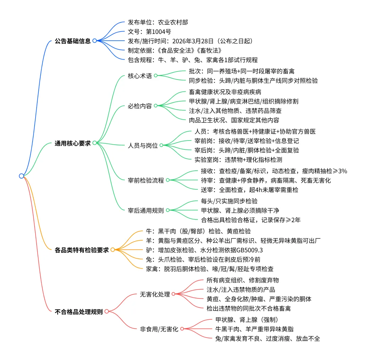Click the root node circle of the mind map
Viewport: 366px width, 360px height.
[x=21, y=176]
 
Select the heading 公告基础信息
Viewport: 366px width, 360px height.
[x=73, y=41]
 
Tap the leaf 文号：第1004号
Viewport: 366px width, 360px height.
[x=149, y=32]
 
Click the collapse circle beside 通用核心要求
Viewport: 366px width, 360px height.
[x=95, y=143]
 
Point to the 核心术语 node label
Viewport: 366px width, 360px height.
[x=140, y=76]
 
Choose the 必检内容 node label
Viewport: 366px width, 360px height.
[x=140, y=106]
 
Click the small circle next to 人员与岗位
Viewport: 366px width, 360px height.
[x=161, y=145]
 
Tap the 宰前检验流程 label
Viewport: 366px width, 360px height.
[x=146, y=181]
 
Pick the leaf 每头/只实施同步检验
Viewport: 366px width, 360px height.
[x=229, y=201]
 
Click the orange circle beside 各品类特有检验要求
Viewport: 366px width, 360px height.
[x=113, y=250]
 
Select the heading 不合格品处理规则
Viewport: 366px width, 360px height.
[x=78, y=312]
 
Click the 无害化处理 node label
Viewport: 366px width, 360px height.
[x=155, y=294]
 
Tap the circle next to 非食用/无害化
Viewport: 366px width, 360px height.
[x=182, y=329]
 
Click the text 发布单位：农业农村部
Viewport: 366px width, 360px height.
[x=158, y=22]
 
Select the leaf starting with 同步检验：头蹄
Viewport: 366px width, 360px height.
[x=253, y=80]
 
